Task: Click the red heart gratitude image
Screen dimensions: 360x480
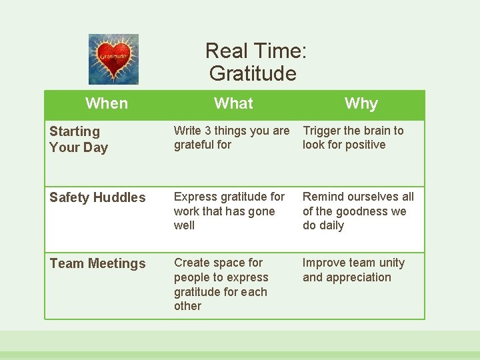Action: click(113, 59)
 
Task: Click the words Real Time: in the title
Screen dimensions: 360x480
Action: click(255, 51)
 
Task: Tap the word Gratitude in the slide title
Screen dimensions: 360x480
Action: click(252, 73)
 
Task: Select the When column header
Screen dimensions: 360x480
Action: click(107, 103)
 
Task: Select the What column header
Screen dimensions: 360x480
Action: click(233, 103)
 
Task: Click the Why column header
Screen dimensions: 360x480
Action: click(361, 103)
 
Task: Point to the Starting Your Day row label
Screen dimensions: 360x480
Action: click(78, 139)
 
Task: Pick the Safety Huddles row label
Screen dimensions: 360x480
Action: click(97, 197)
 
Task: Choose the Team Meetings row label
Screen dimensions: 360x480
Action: click(97, 263)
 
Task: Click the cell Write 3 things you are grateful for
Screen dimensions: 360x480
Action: click(231, 137)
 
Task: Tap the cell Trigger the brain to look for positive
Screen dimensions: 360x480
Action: click(353, 137)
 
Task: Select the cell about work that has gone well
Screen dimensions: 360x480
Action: click(229, 211)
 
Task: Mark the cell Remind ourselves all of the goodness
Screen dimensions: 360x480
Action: click(358, 211)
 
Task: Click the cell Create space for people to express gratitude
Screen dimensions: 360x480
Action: click(221, 284)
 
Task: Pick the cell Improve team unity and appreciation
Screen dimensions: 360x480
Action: click(353, 270)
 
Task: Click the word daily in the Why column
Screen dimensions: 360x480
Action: click(331, 225)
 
